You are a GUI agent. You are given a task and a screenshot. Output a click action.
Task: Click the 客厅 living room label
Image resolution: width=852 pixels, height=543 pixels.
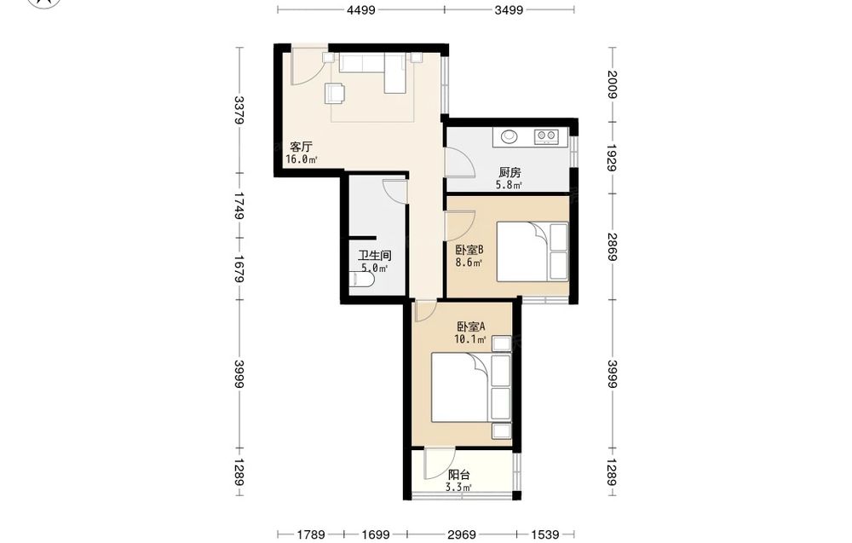pos(301,147)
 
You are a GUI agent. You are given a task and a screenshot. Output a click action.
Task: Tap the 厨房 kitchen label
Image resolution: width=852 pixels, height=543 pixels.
pos(509,173)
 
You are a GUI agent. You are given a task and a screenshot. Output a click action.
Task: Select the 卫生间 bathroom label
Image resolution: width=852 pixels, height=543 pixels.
pos(374,256)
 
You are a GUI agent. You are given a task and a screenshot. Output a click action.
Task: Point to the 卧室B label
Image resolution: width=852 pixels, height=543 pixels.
pos(469,251)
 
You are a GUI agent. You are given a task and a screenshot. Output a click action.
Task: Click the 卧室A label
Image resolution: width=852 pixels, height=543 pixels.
pos(470,327)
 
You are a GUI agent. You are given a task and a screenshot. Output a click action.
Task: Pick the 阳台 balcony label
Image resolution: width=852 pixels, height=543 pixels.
pos(459,475)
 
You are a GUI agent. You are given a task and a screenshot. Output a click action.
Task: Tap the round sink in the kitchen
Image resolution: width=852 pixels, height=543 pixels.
pos(509,136)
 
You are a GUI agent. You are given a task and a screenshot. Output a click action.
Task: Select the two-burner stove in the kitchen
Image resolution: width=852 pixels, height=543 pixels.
pos(546,136)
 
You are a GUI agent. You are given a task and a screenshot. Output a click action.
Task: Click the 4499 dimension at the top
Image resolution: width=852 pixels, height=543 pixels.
pos(361,9)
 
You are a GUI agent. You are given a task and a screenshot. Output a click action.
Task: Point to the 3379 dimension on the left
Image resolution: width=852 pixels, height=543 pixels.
pos(239,110)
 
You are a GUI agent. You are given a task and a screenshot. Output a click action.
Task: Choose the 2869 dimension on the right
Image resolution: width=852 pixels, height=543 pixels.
pos(613,246)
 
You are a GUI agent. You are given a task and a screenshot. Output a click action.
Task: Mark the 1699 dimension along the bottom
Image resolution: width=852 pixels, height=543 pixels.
pos(375,534)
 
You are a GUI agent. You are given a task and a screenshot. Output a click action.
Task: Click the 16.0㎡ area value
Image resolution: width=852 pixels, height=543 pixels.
pos(302,159)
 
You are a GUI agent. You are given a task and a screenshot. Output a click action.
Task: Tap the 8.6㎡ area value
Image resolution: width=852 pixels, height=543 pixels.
pos(469,263)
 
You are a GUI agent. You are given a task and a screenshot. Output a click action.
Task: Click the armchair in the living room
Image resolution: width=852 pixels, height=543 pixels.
pos(335,93)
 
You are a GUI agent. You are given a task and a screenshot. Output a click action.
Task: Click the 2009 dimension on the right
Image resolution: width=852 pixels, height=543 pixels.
pos(613,84)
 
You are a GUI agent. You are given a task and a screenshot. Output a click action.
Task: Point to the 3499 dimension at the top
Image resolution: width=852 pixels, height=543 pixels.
pos(509,9)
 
